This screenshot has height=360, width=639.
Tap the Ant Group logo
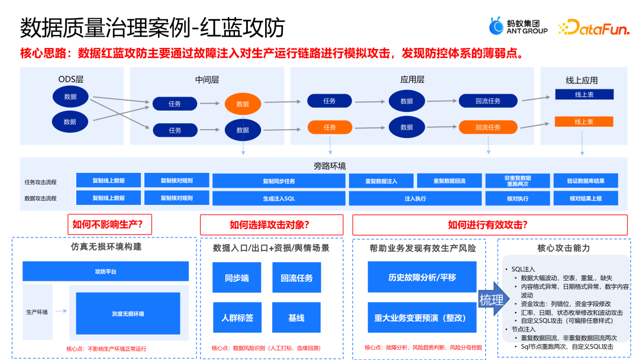coord(518,27)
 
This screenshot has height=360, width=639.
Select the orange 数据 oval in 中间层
coord(243,104)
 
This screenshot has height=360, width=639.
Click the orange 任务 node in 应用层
coord(330,127)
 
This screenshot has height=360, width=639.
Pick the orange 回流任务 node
coord(488,127)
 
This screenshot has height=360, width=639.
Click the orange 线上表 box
coord(583,121)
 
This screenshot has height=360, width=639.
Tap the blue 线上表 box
coord(583,95)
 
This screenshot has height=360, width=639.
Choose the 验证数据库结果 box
coord(585,181)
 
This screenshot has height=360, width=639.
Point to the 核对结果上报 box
coord(585,198)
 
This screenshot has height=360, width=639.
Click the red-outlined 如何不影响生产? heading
coord(109,224)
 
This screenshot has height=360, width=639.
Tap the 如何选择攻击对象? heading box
coord(272,225)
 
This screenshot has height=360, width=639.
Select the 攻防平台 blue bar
coord(105,271)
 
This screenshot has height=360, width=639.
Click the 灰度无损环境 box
coord(128,313)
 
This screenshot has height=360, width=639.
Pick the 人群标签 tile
coord(237,318)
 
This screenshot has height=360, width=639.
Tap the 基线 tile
coord(296,318)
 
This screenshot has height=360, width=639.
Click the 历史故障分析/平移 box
coord(422,278)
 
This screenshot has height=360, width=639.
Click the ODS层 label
coord(70,79)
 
